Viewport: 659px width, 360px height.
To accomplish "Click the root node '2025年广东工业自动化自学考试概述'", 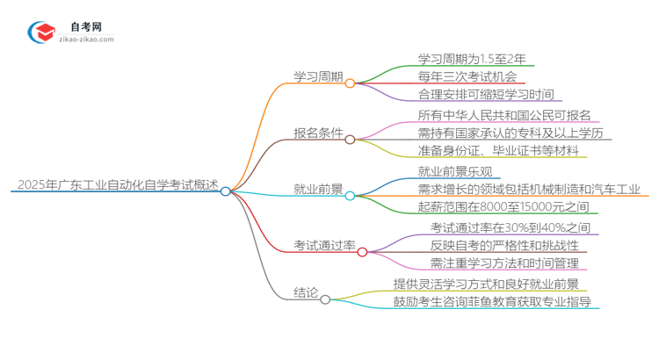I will (117, 185).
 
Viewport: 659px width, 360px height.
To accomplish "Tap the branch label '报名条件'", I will (317, 134).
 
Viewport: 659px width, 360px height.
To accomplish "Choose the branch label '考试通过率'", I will (323, 246).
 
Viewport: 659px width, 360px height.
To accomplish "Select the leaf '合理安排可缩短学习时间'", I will (485, 94).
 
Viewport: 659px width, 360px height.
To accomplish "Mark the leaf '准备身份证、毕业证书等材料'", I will (497, 151).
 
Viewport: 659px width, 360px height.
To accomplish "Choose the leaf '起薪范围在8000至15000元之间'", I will (496, 207).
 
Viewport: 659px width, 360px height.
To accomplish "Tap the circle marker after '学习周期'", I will (350, 83).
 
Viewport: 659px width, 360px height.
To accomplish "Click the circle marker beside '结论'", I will (325, 299).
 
